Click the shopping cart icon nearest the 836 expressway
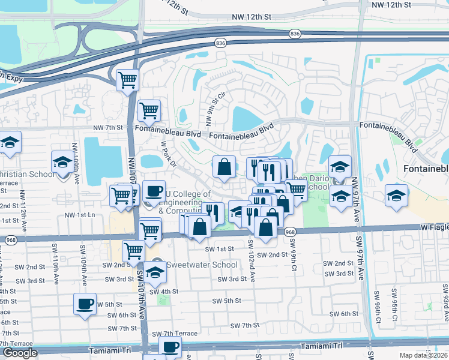click(127, 79)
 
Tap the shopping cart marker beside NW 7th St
click(149, 110)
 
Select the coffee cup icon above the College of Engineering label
click(154, 191)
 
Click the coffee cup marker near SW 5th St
click(85, 304)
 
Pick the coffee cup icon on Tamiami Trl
click(170, 347)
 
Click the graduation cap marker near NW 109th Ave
click(63, 162)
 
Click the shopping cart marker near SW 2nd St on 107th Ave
click(133, 251)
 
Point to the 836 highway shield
click(220, 43)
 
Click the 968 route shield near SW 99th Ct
click(290, 232)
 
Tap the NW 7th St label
click(107, 128)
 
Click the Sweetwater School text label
click(193, 265)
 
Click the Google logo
click(20, 353)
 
